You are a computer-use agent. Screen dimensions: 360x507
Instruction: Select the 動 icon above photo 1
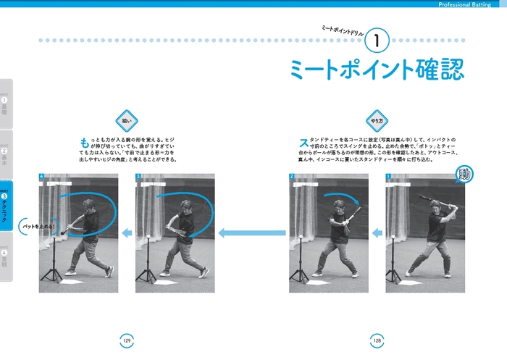pos(464,174)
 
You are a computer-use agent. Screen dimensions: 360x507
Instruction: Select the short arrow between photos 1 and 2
pos(377,233)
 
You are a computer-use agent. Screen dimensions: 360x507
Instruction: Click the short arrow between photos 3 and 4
pos(126,233)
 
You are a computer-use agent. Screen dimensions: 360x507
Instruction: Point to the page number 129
pos(126,340)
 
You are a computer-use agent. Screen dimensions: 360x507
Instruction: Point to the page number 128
pos(377,340)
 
